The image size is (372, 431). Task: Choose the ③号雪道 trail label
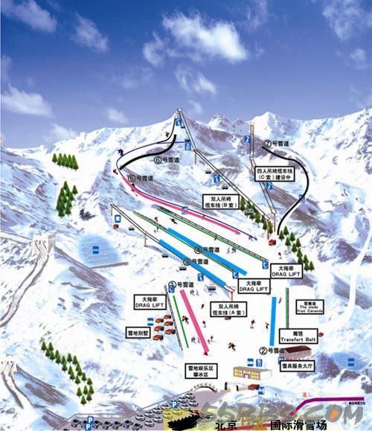point(195,262)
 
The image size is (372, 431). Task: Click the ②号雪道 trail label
point(272,350)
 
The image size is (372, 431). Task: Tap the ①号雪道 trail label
point(181,284)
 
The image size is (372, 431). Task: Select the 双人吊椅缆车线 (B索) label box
point(218,201)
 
